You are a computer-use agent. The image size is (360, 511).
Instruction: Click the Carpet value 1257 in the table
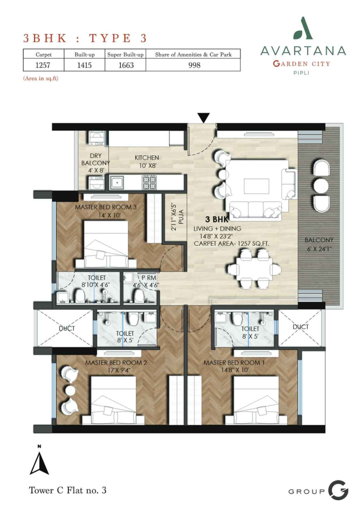pos(43,65)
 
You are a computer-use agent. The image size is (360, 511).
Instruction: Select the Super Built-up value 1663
pos(126,65)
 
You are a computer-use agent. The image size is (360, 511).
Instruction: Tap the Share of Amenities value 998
pos(194,65)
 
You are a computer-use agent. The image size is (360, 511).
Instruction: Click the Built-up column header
pos(85,54)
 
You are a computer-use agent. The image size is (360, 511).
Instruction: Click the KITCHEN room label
pos(147,158)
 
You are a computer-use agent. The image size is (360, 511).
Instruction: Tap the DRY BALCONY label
pos(95,160)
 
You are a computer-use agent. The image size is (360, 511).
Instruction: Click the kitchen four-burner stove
pos(150,182)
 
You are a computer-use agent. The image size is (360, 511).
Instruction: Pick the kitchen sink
pos(116,183)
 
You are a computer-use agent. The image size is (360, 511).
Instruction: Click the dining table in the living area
pos(254,269)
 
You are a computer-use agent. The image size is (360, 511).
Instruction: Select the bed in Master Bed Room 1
pos(256,400)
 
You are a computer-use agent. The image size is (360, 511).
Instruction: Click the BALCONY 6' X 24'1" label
pos(319,244)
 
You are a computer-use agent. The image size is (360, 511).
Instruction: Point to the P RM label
pos(149,278)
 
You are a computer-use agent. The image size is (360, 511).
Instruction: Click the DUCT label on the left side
pos(67,328)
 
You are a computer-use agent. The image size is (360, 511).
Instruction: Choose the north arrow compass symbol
pos(39,462)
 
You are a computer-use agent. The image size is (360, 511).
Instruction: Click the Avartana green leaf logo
pos(303,29)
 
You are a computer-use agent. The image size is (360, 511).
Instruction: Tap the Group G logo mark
pos(338,490)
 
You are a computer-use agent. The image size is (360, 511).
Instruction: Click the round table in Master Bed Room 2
pos(70,390)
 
